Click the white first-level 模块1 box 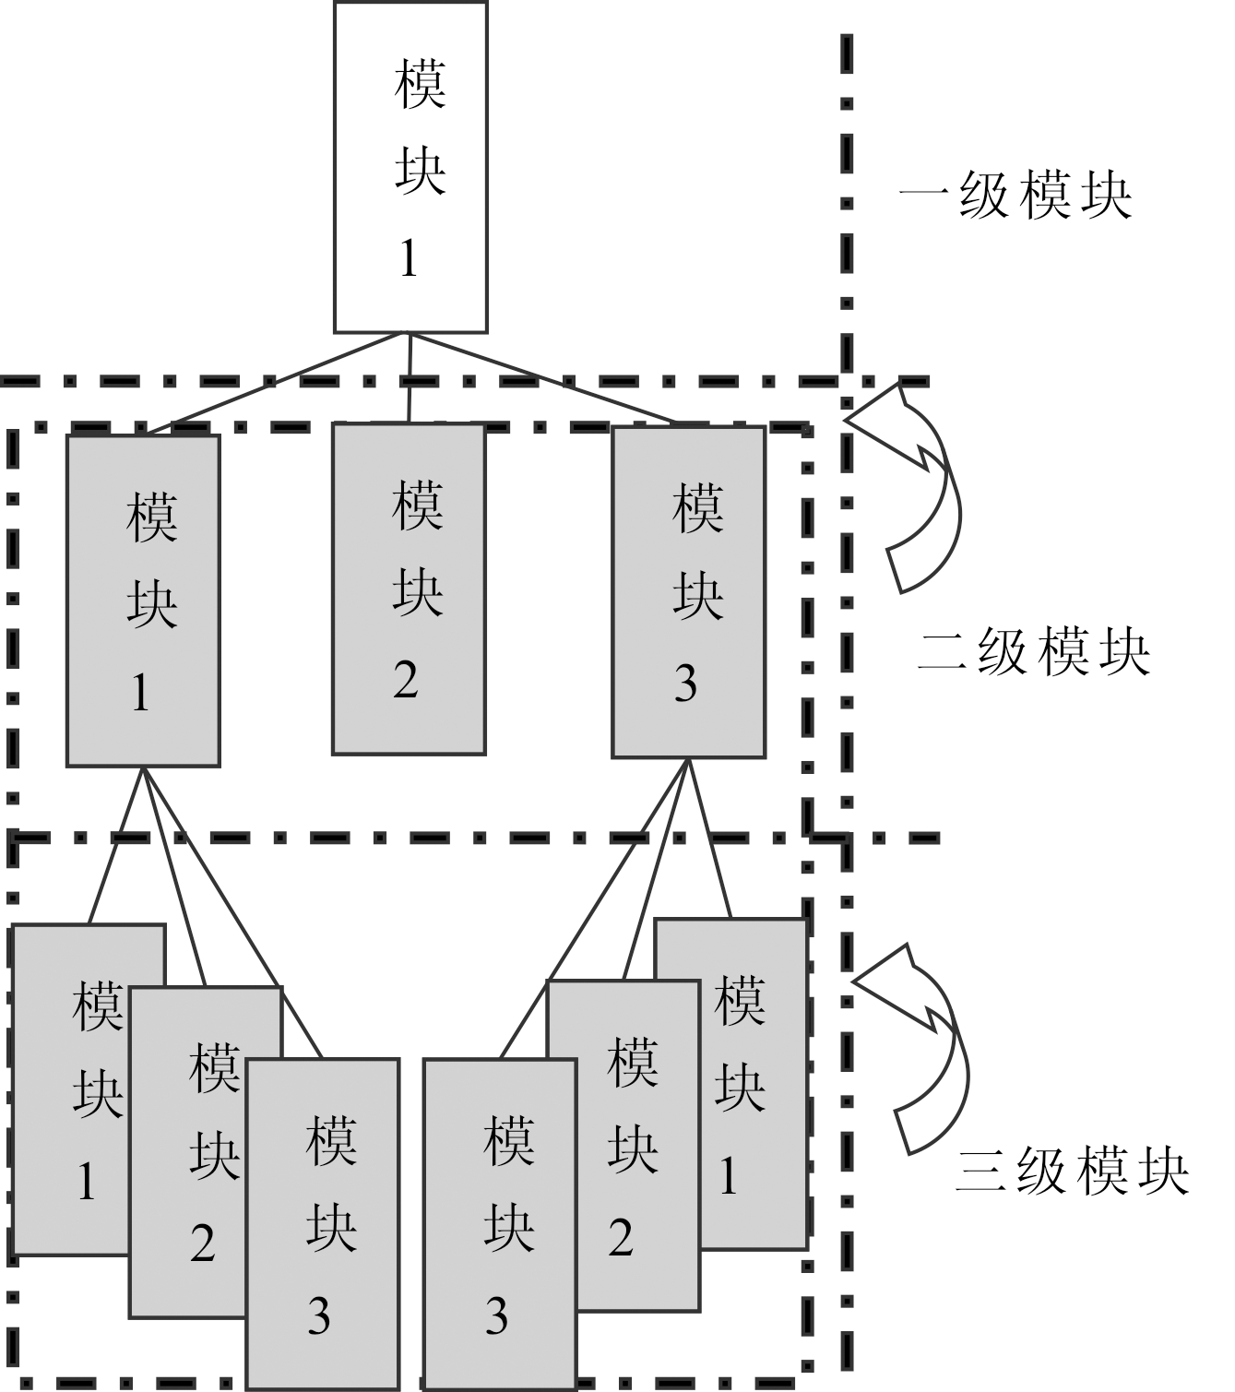[410, 166]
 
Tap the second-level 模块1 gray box [143, 600]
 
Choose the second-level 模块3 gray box [689, 590]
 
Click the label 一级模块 [1015, 196]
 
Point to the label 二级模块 [1034, 653]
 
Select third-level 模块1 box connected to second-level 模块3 [752, 1084]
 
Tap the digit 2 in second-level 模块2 [406, 681]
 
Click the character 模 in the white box [420, 85]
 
